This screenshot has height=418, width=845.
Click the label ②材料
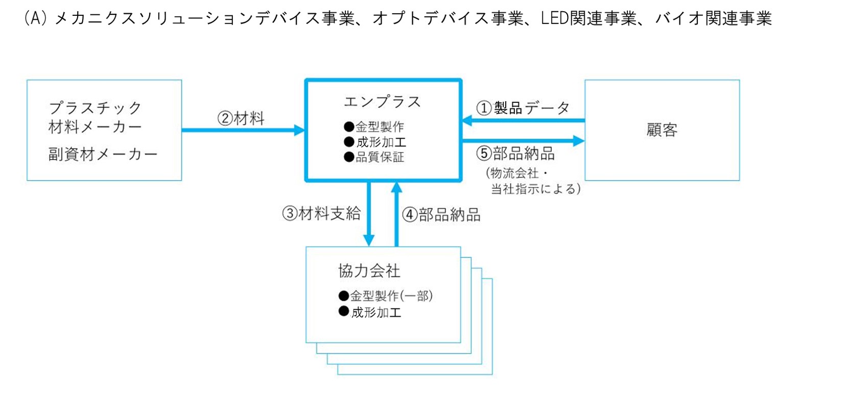point(241,118)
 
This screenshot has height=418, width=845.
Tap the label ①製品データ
point(523,108)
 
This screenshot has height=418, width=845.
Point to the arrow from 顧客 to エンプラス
point(523,121)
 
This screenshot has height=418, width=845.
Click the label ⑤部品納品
point(515,153)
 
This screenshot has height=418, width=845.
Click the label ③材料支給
point(321,213)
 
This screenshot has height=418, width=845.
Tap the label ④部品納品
point(441,214)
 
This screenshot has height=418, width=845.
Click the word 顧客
point(662,130)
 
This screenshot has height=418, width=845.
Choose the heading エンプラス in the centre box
point(382,102)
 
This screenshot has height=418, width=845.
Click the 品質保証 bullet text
point(380,157)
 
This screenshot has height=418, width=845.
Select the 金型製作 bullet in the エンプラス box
point(380,126)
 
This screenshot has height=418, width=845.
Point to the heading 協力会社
point(369,271)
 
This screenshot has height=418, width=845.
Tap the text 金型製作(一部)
point(391,296)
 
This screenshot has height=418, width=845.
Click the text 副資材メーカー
point(103,154)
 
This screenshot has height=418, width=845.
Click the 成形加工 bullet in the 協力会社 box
point(376,312)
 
